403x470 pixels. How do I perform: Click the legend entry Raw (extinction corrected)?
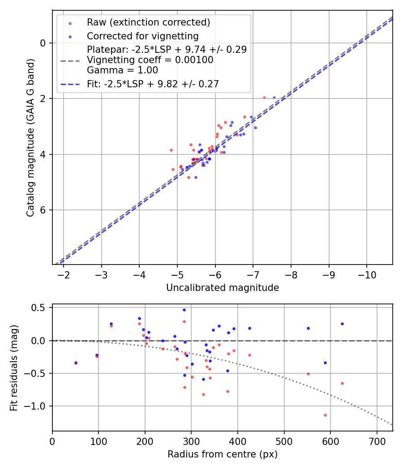[x=148, y=22]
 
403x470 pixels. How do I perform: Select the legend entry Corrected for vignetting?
[x=142, y=36]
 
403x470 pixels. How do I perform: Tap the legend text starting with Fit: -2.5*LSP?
[x=153, y=83]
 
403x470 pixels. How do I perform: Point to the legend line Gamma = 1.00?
[x=122, y=70]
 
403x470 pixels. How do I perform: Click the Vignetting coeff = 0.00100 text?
[x=150, y=60]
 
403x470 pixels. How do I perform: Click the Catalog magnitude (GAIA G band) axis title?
[x=30, y=137]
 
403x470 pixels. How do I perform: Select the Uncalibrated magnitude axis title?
[x=223, y=288]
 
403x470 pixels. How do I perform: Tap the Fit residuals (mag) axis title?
[x=14, y=367]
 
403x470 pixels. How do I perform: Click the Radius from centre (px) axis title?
[x=223, y=454]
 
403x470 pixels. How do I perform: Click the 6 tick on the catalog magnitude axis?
[x=43, y=210]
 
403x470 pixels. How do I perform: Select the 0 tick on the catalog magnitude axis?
[x=43, y=43]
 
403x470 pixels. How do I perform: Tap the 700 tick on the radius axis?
[x=377, y=441]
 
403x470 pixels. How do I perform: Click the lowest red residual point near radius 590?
[x=325, y=415]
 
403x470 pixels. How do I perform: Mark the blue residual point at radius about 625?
[x=342, y=324]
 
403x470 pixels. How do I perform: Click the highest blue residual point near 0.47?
[x=184, y=310]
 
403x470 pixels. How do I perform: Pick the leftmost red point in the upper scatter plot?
[x=171, y=150]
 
